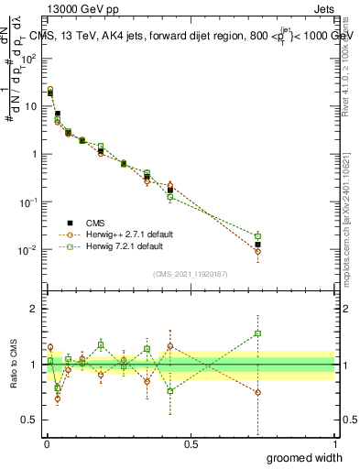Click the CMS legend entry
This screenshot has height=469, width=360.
[x=96, y=223]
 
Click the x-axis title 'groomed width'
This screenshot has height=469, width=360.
[x=300, y=457]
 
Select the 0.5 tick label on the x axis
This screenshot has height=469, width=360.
[x=191, y=443]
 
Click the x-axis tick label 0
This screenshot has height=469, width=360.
[x=47, y=443]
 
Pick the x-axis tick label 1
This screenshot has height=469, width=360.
[x=334, y=443]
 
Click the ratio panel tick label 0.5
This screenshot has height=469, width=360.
[x=29, y=420]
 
